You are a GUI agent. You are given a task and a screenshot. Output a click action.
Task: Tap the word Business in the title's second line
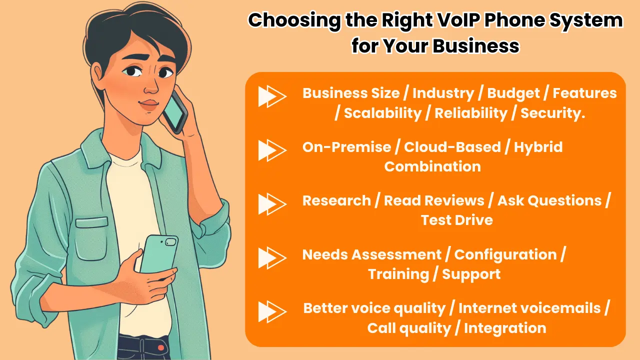point(476,45)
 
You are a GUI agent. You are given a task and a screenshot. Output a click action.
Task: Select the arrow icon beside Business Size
point(272,96)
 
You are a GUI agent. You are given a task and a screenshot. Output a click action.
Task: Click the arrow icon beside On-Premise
point(272,150)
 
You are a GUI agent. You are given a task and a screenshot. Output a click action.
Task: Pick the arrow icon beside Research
point(272,204)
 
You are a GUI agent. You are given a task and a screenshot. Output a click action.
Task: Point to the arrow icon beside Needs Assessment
point(272,257)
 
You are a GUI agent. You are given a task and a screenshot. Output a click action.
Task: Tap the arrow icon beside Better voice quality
point(272,311)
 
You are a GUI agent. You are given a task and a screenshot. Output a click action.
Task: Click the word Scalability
point(382,113)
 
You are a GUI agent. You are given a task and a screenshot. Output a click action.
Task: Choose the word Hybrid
point(538,147)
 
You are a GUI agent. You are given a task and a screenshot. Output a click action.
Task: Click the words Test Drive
point(457,220)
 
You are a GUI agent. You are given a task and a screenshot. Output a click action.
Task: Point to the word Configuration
point(505,255)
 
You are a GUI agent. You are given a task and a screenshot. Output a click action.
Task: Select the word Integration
point(505,328)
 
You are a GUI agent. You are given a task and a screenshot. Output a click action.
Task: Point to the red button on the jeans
point(160,347)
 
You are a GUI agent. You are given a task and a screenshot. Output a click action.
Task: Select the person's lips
point(148,104)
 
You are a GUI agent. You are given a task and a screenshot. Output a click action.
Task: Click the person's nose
point(150,85)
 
